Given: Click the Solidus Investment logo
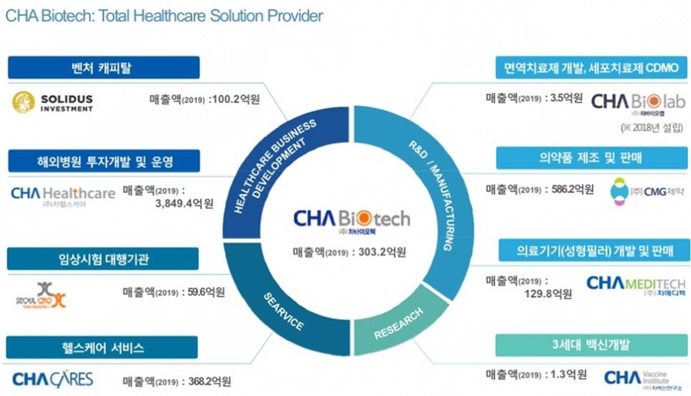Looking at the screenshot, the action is click(53, 102).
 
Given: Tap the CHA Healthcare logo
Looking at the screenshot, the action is click(63, 195).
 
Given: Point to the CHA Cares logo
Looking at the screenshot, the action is click(53, 379).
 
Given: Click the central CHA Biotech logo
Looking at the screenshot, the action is click(352, 220).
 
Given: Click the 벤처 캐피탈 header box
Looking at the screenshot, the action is click(104, 68).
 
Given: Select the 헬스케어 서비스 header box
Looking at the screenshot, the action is click(104, 347).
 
